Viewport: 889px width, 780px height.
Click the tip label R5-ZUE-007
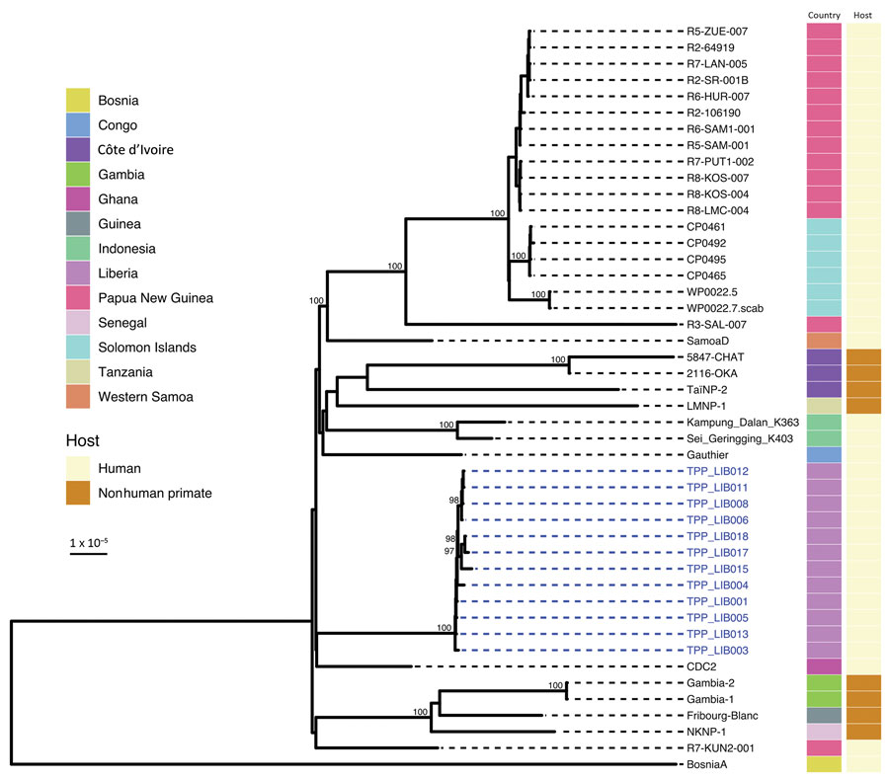click(717, 32)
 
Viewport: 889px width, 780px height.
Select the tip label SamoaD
click(707, 341)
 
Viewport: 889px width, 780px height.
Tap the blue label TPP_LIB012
click(717, 471)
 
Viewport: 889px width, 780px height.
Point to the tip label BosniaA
click(706, 764)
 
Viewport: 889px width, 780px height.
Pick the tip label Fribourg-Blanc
click(722, 716)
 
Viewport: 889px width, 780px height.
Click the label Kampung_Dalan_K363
click(743, 423)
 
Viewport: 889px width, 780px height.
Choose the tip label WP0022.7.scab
click(725, 308)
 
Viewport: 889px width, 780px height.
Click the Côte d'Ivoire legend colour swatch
click(78, 150)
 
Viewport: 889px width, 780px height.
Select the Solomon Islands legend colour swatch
click(78, 347)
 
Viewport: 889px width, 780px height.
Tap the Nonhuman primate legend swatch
click(78, 493)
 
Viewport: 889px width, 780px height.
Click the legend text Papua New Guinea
click(155, 298)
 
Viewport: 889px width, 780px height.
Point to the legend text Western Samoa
click(145, 397)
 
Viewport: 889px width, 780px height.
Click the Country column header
click(824, 16)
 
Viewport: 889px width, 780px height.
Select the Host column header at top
click(862, 16)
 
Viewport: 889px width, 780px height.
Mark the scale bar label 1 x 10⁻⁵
click(89, 542)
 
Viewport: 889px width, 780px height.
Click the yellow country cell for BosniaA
click(824, 764)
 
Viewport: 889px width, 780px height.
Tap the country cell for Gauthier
click(824, 454)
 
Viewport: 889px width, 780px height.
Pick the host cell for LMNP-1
click(863, 406)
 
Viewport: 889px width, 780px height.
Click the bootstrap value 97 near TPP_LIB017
click(449, 551)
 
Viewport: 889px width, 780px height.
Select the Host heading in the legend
click(82, 440)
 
